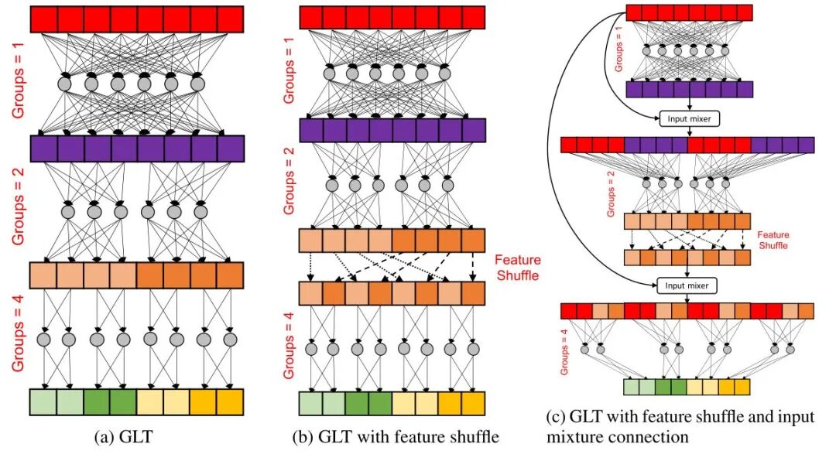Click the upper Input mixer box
click(x=687, y=118)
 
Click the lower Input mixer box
click(x=687, y=285)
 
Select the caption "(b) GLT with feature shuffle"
click(x=396, y=438)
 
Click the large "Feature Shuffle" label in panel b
click(x=517, y=266)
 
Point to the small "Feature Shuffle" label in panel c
click(x=772, y=239)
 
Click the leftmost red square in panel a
click(x=43, y=19)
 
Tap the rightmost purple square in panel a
click(x=231, y=148)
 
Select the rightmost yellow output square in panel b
click(x=473, y=403)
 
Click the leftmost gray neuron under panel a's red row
click(x=64, y=83)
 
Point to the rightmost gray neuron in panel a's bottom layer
click(x=229, y=340)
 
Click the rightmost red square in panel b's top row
click(x=473, y=18)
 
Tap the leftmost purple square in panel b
click(x=311, y=130)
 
